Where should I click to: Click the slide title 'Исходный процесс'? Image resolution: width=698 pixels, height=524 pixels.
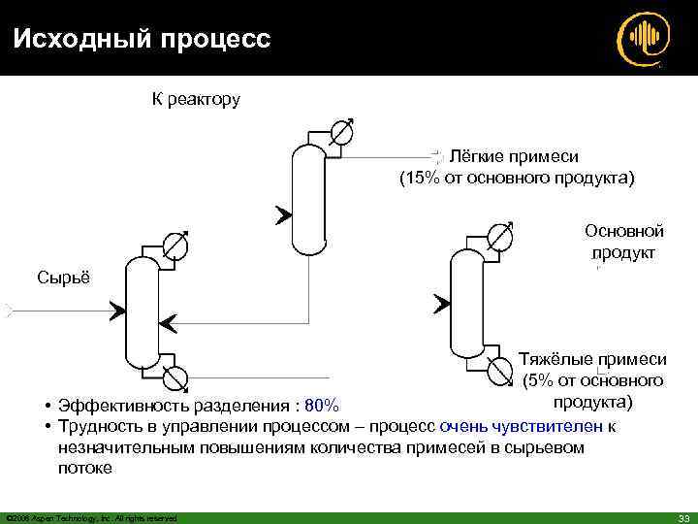(141, 39)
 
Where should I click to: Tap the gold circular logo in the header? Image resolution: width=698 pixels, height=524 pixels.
(643, 39)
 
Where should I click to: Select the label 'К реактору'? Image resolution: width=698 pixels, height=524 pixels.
(196, 99)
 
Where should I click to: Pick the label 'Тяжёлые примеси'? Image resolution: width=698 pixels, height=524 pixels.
(593, 358)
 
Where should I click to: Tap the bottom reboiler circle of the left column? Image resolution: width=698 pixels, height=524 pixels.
(176, 376)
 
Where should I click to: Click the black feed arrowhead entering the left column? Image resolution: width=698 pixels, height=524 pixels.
(116, 311)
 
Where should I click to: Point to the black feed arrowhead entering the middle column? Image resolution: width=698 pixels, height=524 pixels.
(282, 214)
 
